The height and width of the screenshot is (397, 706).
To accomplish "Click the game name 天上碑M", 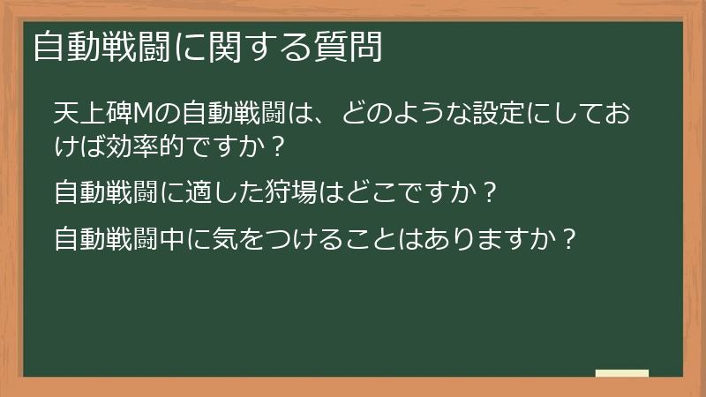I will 103,115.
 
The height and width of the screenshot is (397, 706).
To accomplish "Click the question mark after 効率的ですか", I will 279,147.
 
